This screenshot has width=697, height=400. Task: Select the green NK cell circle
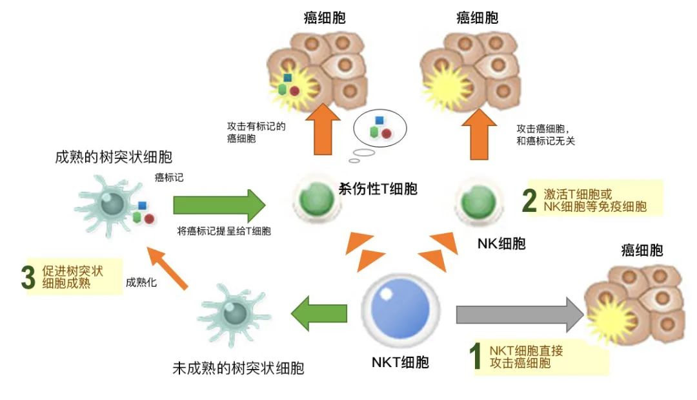pyautogui.click(x=479, y=201)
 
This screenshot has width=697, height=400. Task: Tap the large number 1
pyautogui.click(x=475, y=357)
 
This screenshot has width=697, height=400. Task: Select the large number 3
pyautogui.click(x=27, y=277)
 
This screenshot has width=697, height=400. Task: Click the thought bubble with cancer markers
pyautogui.click(x=380, y=127)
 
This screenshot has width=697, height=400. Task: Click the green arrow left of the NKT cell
pyautogui.click(x=319, y=315)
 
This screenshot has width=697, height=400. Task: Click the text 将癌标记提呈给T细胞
pyautogui.click(x=224, y=231)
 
